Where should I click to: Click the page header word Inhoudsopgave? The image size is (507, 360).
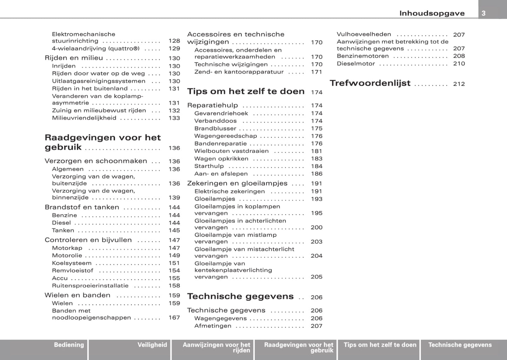click(x=432, y=13)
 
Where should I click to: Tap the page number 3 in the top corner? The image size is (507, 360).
click(x=483, y=13)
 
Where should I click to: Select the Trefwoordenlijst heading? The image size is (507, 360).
click(x=370, y=83)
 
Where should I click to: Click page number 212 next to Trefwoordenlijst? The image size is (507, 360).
click(x=459, y=84)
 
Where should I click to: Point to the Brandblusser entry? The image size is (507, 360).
click(x=215, y=128)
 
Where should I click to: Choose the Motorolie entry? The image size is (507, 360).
click(x=67, y=255)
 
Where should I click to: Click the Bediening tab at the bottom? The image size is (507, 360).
click(x=69, y=345)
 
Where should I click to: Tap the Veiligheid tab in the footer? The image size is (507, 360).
click(x=152, y=345)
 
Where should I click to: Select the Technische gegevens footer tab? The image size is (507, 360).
click(x=460, y=345)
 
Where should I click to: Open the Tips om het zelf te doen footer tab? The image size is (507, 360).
click(x=380, y=345)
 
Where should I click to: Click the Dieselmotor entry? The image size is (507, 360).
click(x=356, y=64)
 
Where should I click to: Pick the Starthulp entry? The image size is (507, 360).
click(x=209, y=166)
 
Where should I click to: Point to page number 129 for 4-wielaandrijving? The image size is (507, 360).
click(x=174, y=48)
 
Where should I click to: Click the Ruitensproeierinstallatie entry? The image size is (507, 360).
click(x=90, y=286)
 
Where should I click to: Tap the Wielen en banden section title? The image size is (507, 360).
click(x=77, y=295)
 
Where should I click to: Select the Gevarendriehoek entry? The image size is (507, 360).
click(x=221, y=113)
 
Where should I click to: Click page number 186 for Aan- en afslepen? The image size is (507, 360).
click(x=316, y=174)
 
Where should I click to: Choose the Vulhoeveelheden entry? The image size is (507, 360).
click(x=364, y=34)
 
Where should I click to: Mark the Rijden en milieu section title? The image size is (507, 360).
click(x=74, y=58)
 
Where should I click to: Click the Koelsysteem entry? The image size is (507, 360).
click(x=72, y=263)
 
